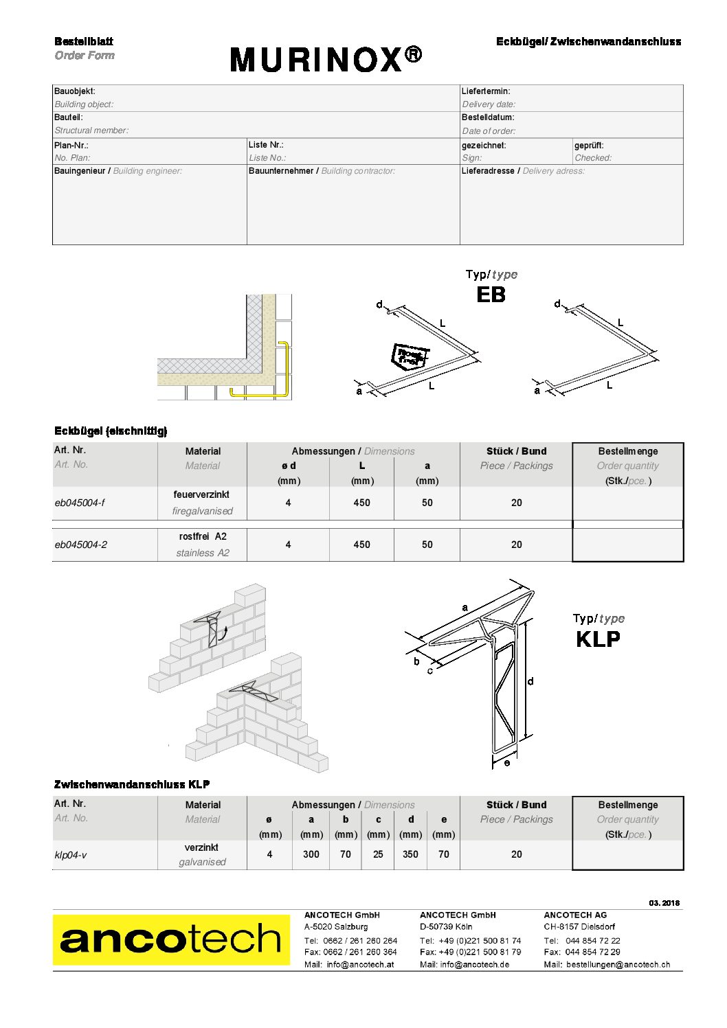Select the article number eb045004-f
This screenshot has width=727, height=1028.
coord(80,503)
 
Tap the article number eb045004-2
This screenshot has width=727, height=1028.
coord(80,545)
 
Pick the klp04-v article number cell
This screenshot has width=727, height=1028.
coord(70,855)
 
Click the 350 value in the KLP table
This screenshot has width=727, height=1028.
coord(410,854)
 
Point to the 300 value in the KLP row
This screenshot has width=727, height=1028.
coord(311,854)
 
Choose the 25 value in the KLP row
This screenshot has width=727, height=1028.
coord(378,854)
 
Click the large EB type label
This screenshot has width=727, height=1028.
coord(491,295)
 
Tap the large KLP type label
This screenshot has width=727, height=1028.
coord(598,639)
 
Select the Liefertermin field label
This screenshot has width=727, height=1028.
coord(486,91)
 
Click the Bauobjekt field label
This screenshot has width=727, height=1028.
coord(75,91)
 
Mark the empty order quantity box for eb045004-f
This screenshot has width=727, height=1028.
coord(627,503)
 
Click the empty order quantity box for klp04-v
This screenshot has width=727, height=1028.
coord(627,854)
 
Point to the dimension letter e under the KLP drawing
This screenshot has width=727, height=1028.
coord(507,763)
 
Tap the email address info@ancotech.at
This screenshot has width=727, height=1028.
coord(360,964)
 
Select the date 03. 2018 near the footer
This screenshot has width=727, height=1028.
coord(664,903)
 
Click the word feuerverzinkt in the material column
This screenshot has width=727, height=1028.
coord(201,494)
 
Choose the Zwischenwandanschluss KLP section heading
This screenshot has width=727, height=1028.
coord(132,784)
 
